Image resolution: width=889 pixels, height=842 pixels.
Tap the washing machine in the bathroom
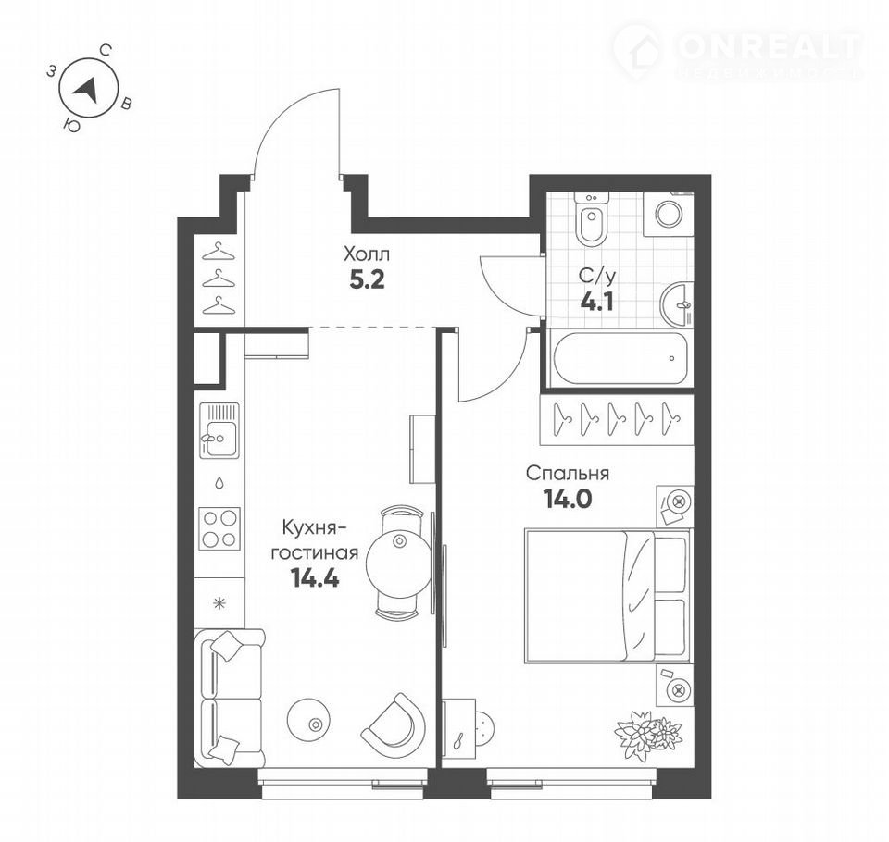669,214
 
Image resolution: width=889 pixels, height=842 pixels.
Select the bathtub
620,358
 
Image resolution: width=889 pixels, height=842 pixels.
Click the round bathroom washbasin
677,304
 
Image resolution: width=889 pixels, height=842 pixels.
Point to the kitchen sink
219,430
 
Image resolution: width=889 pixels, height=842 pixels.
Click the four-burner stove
219,528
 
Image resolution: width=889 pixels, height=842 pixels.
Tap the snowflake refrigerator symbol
219,603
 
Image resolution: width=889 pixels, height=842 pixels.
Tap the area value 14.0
568,500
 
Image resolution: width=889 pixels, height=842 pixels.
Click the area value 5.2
367,279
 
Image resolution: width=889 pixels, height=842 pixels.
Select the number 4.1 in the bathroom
597,302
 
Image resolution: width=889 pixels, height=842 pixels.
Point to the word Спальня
568,473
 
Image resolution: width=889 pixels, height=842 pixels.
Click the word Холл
367,254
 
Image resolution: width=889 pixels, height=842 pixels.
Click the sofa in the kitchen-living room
229,698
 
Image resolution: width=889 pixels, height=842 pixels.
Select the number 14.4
315,578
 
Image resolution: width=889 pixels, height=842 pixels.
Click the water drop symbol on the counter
219,483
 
